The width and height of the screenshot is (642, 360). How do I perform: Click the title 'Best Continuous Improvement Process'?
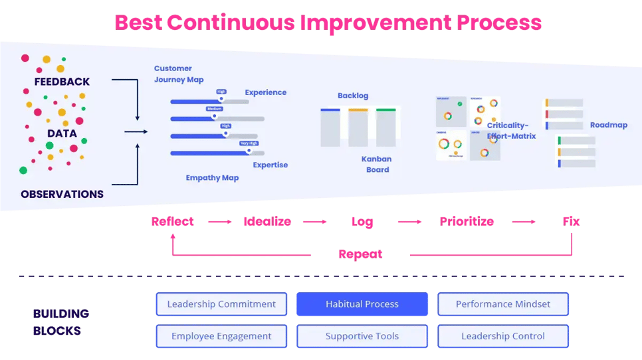[x=328, y=22]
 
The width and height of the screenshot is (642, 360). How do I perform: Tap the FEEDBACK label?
[x=62, y=82]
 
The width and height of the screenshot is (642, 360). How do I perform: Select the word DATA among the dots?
[x=62, y=133]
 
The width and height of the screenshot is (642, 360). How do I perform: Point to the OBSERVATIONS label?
[x=62, y=194]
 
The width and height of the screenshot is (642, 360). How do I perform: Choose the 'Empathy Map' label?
[x=212, y=178]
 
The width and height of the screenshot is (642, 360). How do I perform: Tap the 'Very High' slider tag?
[x=249, y=143]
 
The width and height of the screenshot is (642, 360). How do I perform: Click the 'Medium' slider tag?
[x=214, y=109]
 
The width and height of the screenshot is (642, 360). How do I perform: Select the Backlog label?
[x=352, y=96]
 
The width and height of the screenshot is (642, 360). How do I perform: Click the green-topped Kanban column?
[x=386, y=128]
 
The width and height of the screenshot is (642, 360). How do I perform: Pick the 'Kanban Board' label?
[x=376, y=164]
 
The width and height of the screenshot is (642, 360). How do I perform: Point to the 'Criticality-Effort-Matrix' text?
[x=511, y=130]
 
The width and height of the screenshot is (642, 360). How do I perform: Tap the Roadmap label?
[x=608, y=125]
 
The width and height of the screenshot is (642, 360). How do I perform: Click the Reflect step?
[x=172, y=222]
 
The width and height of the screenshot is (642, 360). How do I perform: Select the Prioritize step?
[x=467, y=222]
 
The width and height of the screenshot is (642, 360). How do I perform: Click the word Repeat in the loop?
[x=360, y=254]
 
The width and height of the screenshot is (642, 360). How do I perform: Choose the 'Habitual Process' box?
[x=362, y=304]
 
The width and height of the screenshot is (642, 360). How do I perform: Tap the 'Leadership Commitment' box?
[x=221, y=304]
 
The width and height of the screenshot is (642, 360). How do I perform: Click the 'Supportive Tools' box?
[x=362, y=336]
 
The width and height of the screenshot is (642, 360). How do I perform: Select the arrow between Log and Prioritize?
[x=410, y=222]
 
